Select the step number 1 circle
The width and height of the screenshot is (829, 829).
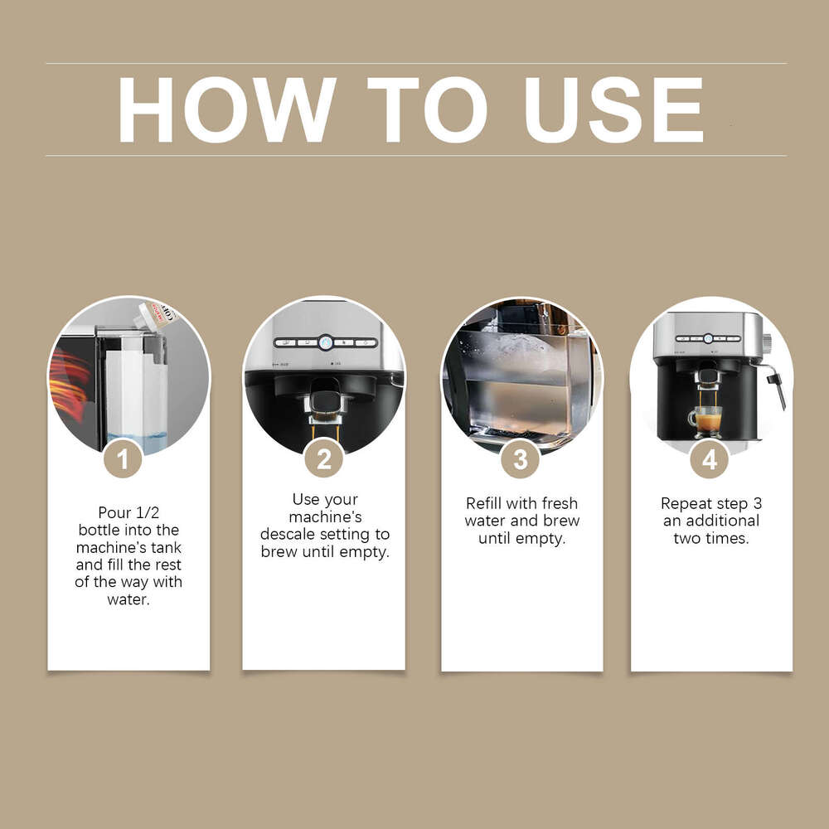tap(124, 458)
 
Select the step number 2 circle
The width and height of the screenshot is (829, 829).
tap(323, 458)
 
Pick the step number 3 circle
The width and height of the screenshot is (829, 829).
tap(521, 458)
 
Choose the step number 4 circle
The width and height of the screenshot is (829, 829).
tap(710, 458)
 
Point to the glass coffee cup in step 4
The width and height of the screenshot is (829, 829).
tap(706, 422)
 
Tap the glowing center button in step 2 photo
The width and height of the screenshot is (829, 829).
tap(324, 342)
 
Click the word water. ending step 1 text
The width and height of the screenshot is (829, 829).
tap(128, 599)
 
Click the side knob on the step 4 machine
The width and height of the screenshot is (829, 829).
tap(768, 341)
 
